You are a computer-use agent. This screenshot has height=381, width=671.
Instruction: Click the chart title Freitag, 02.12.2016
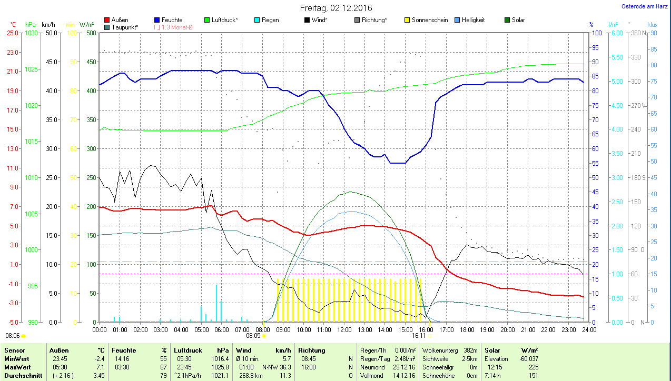click(335, 8)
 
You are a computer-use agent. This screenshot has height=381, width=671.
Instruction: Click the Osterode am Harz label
click(644, 6)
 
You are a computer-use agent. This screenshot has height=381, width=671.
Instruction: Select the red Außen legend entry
click(120, 20)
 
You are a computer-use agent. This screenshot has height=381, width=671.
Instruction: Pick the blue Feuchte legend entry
click(172, 20)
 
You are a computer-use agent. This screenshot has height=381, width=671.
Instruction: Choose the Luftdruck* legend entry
click(224, 20)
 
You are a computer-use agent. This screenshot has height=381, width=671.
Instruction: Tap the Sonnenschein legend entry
click(430, 20)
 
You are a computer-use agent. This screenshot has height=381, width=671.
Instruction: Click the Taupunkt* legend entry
click(125, 27)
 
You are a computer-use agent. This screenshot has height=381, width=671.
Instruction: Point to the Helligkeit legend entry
click(473, 20)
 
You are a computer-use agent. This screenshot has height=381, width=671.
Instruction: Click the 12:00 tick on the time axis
click(344, 330)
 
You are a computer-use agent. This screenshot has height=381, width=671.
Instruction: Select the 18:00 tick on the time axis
click(467, 330)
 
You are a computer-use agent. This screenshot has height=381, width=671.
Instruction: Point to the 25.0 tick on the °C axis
click(12, 33)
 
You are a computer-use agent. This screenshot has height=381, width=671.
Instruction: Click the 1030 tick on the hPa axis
click(32, 33)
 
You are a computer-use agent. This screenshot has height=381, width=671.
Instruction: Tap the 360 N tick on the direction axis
click(637, 33)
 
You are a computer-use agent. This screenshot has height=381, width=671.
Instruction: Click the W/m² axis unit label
click(87, 25)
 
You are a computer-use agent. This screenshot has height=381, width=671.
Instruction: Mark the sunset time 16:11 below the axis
click(419, 335)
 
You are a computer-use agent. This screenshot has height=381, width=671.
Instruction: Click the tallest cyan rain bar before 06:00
click(216, 303)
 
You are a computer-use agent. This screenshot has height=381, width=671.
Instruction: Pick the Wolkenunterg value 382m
click(470, 350)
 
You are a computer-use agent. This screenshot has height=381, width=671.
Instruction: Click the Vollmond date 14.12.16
click(405, 375)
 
